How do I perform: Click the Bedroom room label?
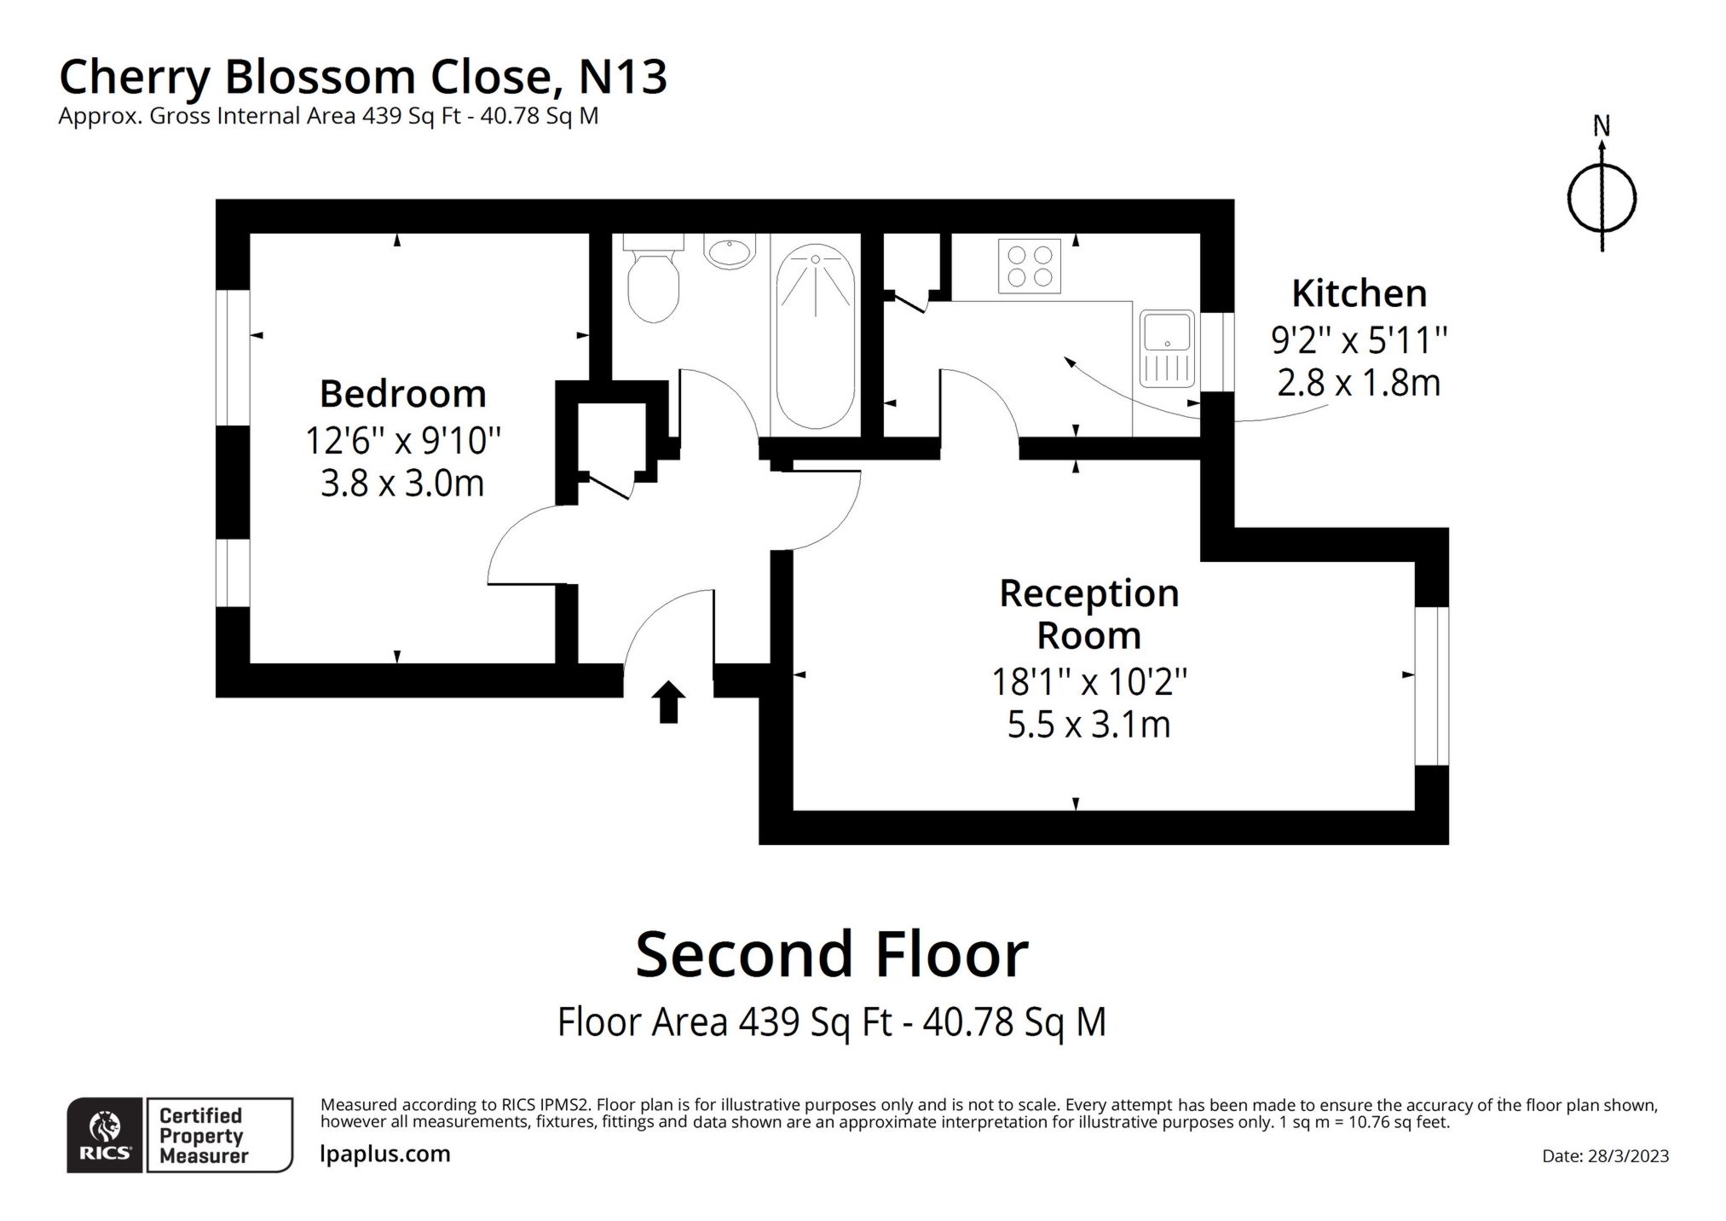point(402,394)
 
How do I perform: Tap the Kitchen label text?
point(1359,293)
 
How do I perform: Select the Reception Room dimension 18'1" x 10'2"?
point(1088,682)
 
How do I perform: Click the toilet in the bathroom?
point(653,281)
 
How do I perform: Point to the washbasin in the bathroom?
point(729,252)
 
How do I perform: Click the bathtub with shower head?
point(815,337)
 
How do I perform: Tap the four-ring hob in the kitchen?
point(1029,266)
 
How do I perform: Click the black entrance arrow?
point(668,701)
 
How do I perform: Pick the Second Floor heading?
point(831,954)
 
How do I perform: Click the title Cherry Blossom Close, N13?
point(362,77)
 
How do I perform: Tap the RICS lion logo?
point(105,1135)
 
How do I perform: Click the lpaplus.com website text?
point(384,1154)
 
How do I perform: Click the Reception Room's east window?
point(1431,686)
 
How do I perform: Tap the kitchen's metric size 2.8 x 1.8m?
point(1359,383)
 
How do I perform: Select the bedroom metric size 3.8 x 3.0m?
point(402,483)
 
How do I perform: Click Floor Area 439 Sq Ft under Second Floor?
point(831,1021)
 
